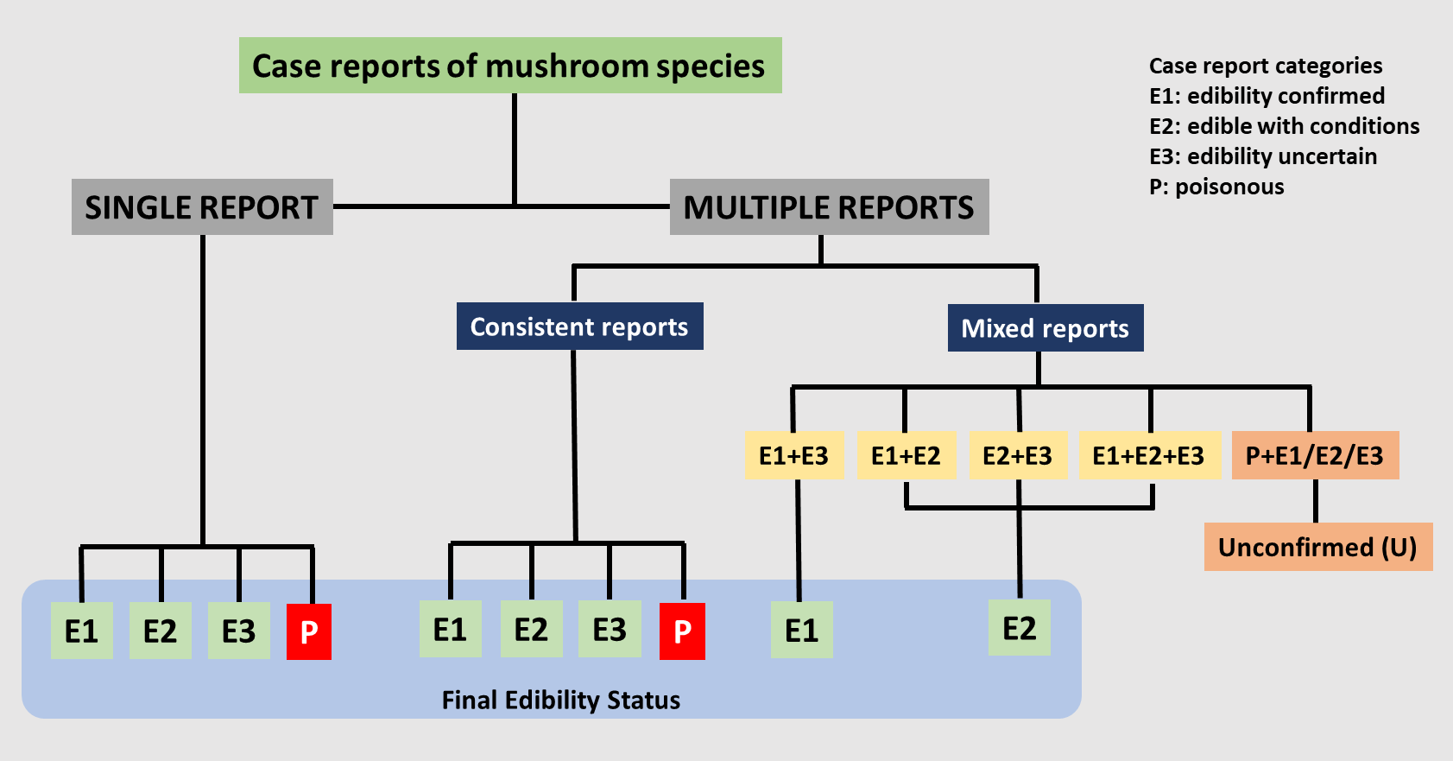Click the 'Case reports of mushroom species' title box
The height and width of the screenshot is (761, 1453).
(x=509, y=66)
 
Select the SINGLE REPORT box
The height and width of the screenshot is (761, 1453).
(x=202, y=207)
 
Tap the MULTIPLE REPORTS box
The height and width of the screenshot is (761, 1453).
(x=829, y=207)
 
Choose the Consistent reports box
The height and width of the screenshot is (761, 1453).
(x=579, y=327)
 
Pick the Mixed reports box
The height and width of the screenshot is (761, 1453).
(x=1045, y=328)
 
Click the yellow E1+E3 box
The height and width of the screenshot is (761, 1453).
(x=793, y=455)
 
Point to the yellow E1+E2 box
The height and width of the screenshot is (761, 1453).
(x=906, y=455)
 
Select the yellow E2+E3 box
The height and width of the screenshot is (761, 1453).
(x=1018, y=455)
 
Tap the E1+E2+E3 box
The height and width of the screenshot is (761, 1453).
(x=1148, y=455)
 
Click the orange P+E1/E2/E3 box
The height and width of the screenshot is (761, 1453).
(x=1314, y=455)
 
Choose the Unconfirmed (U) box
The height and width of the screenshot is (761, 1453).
(x=1317, y=547)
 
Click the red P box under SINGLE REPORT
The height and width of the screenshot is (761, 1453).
(x=309, y=632)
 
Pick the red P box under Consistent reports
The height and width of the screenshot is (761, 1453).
(x=682, y=631)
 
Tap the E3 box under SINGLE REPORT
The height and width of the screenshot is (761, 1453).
(x=238, y=631)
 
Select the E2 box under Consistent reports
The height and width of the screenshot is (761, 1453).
(x=531, y=630)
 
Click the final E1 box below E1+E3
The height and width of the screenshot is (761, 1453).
(x=801, y=631)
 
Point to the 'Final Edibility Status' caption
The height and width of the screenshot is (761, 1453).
(x=561, y=700)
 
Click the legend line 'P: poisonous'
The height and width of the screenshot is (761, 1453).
(x=1216, y=187)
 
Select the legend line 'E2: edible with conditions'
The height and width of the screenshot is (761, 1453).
(x=1284, y=126)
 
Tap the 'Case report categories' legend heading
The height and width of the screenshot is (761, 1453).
(x=1266, y=66)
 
